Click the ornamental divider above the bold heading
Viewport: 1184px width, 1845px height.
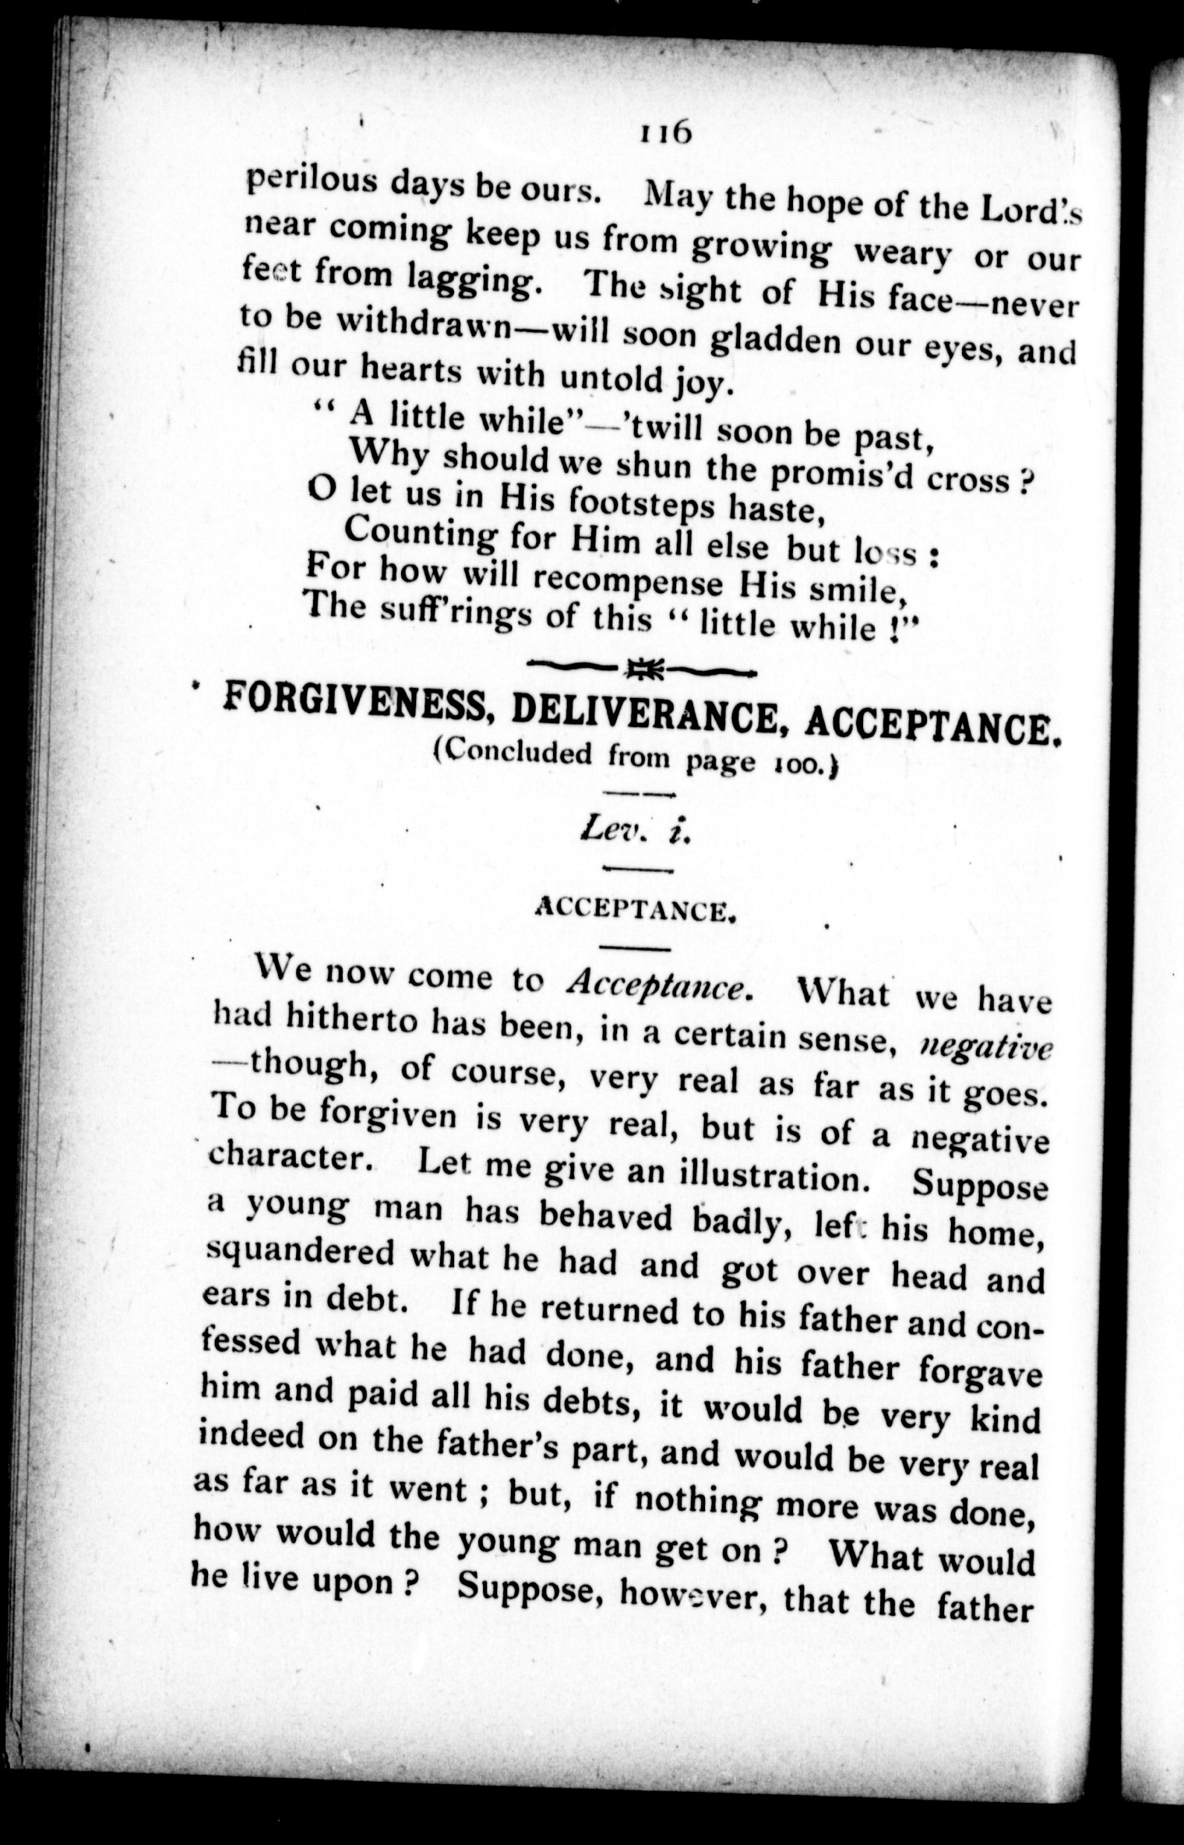(x=640, y=668)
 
